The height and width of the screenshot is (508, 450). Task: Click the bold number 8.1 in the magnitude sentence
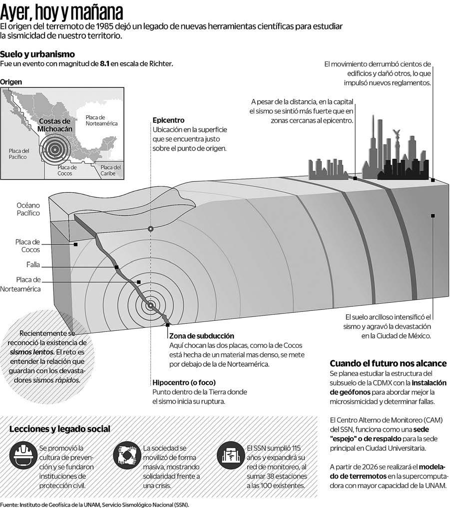(105, 64)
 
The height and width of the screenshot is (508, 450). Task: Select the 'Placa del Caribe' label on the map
(110, 170)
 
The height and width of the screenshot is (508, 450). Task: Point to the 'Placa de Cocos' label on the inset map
(67, 170)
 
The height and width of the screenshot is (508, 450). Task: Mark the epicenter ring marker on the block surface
(150, 229)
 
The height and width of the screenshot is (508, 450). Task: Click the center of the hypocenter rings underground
(150, 305)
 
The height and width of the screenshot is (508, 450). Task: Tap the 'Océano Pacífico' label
(28, 209)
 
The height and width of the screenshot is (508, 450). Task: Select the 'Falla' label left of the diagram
(33, 264)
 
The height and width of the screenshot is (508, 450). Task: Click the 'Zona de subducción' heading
(201, 336)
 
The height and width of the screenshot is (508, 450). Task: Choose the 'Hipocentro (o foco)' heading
(183, 383)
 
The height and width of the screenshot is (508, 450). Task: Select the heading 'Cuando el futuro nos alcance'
(388, 363)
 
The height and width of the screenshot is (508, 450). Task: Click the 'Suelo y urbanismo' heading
(37, 54)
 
